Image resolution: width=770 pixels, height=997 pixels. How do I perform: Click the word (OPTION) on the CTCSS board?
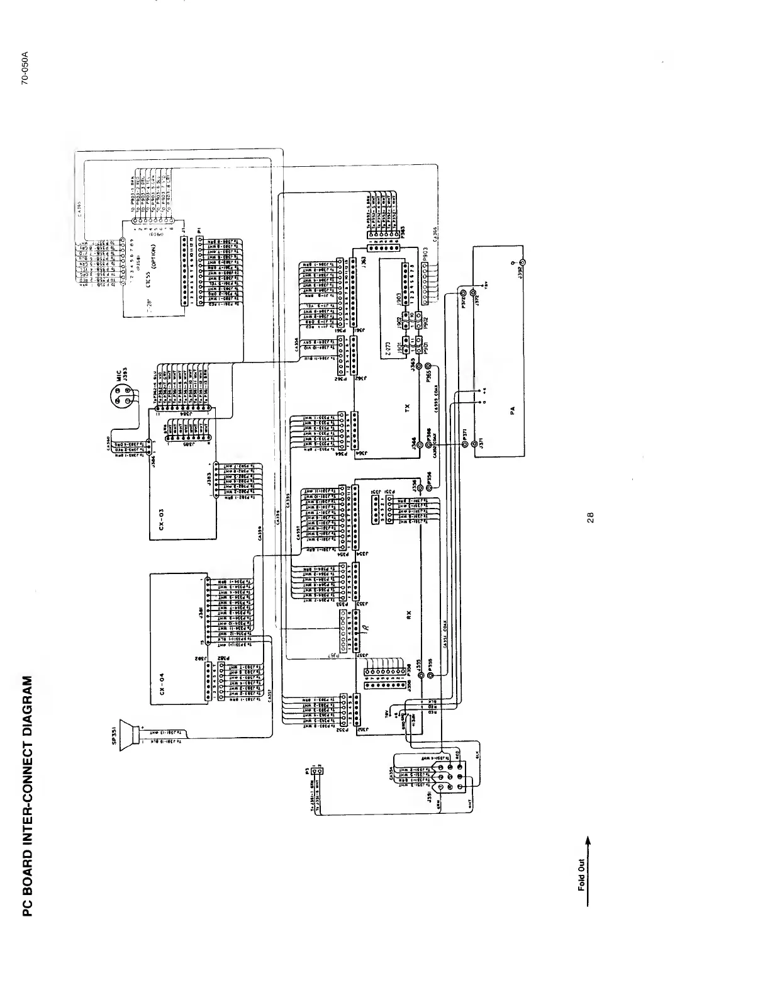[153, 256]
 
